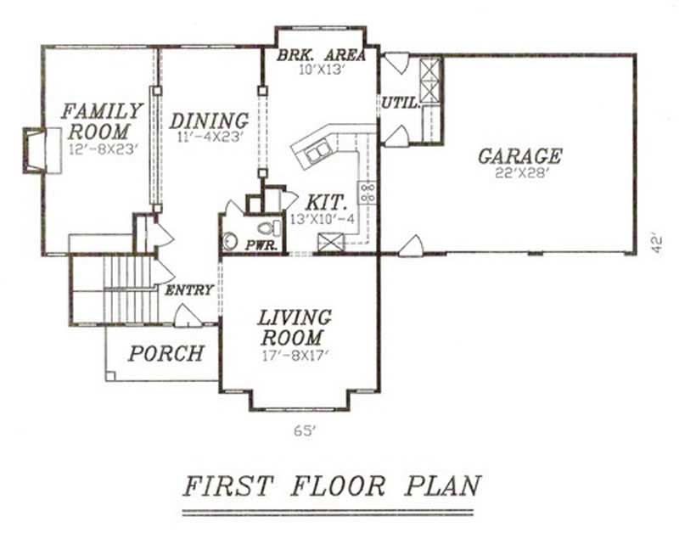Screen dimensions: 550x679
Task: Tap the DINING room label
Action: (209, 121)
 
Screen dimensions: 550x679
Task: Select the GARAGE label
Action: (519, 156)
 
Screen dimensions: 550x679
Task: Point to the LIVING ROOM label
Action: (295, 327)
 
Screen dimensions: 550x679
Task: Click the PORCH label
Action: (166, 353)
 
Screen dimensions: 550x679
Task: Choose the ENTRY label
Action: (188, 290)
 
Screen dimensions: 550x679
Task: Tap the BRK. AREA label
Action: (322, 56)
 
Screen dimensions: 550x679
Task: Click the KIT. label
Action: (326, 204)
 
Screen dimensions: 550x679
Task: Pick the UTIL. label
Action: (398, 103)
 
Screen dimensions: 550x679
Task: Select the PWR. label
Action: (258, 244)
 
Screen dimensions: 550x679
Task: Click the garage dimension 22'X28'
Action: (519, 173)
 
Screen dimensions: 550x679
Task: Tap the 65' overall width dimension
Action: (304, 430)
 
